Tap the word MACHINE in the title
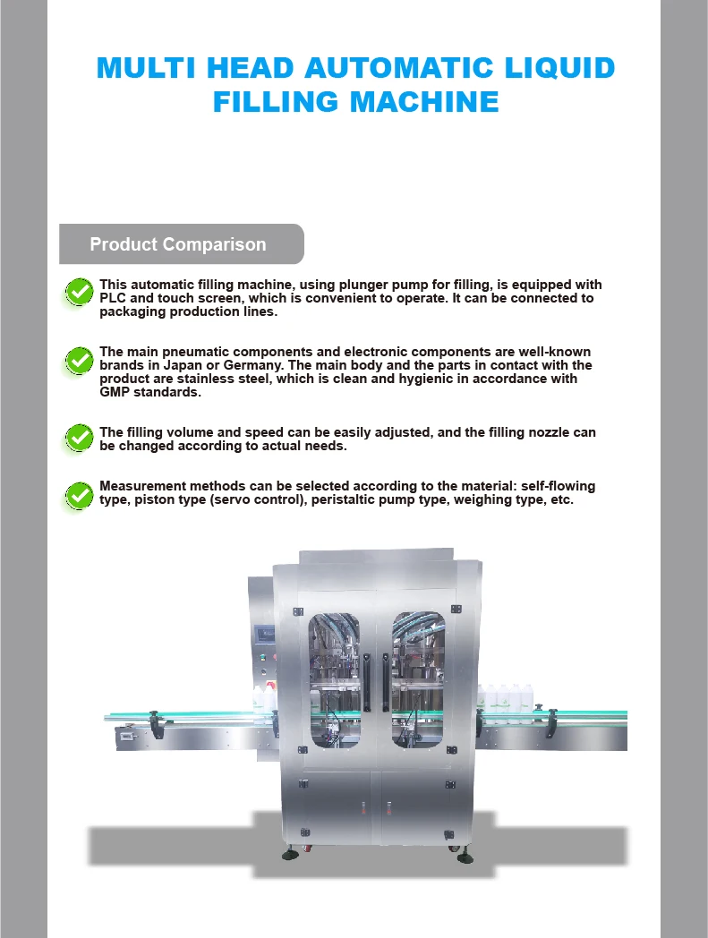[424, 101]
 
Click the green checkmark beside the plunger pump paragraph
[80, 291]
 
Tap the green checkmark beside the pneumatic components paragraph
[80, 361]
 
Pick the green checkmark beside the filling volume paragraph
[80, 438]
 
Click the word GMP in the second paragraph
[115, 392]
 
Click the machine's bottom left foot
[290, 855]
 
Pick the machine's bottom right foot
[465, 857]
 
